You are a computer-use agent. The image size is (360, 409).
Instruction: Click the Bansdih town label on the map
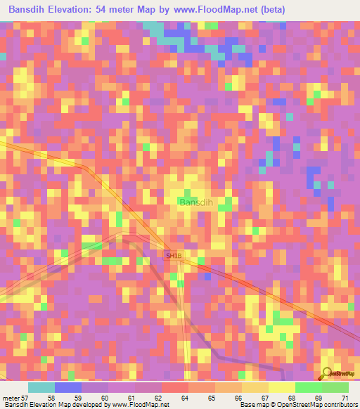pyautogui.click(x=196, y=202)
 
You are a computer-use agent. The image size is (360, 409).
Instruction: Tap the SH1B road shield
pyautogui.click(x=173, y=254)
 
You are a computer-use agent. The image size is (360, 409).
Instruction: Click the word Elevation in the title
pyautogui.click(x=80, y=10)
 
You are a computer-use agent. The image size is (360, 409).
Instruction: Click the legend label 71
pyautogui.click(x=345, y=398)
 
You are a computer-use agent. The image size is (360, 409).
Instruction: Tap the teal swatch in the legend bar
pyautogui.click(x=41, y=387)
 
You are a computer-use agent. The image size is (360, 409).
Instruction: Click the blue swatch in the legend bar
pyautogui.click(x=68, y=387)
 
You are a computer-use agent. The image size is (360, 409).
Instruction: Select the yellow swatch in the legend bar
pyautogui.click(x=281, y=387)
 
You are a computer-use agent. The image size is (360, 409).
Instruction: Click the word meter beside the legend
pyautogui.click(x=11, y=398)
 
